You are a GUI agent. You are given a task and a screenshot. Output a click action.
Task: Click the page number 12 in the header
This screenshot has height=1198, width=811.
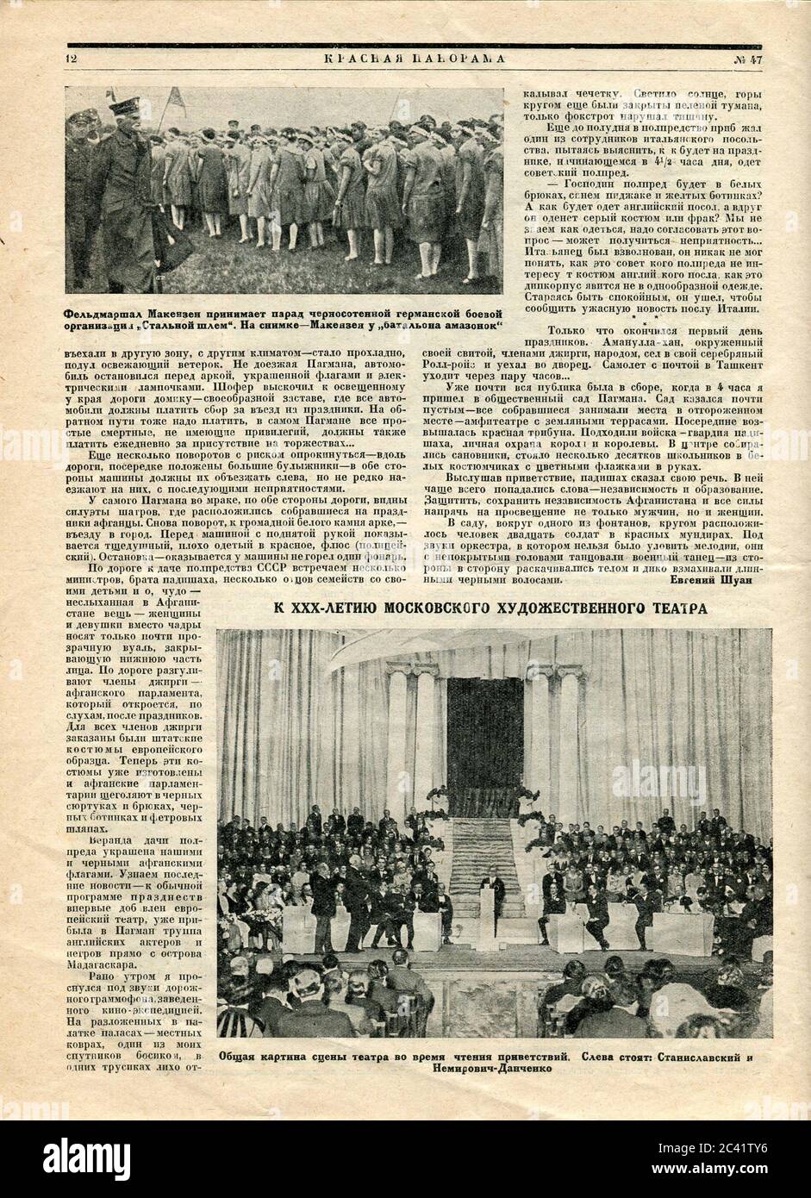click(71, 59)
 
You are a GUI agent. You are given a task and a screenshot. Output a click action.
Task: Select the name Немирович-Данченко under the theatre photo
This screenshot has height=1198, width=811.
click(494, 1067)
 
